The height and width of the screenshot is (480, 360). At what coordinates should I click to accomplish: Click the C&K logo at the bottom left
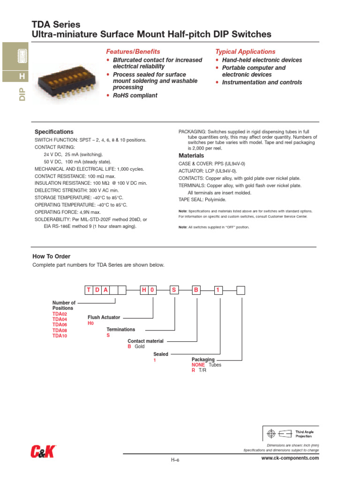pos(43,452)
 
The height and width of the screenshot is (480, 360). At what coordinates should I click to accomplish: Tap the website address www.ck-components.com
pos(290,458)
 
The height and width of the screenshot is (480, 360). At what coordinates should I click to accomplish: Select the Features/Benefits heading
pos(133,52)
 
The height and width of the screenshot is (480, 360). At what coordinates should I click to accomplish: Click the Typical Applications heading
pos(245,52)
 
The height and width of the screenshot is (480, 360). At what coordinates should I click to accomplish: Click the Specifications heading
pos(54,132)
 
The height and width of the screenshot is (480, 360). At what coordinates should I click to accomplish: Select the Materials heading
pos(191,156)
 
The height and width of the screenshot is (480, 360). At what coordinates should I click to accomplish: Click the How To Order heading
pos(51,256)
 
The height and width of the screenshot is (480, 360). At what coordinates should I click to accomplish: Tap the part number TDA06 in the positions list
pos(60,325)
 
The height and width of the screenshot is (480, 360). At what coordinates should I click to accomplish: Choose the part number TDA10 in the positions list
pos(60,336)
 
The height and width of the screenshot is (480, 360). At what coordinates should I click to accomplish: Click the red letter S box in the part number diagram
pos(174,290)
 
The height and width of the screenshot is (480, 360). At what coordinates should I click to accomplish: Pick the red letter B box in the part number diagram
pos(196,290)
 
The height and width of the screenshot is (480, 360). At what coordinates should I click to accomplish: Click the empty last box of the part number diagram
pos(240,290)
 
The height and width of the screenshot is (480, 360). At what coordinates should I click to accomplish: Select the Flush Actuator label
pos(104,317)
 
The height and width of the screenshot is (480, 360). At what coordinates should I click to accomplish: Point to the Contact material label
pos(145,341)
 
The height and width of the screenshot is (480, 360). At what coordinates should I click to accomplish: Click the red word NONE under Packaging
pos(198,365)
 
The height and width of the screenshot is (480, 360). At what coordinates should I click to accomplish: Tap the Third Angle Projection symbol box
pos(290,434)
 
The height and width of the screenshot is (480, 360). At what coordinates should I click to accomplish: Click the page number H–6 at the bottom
pos(175,460)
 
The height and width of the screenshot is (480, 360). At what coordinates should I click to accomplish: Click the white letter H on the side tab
pos(21,76)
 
